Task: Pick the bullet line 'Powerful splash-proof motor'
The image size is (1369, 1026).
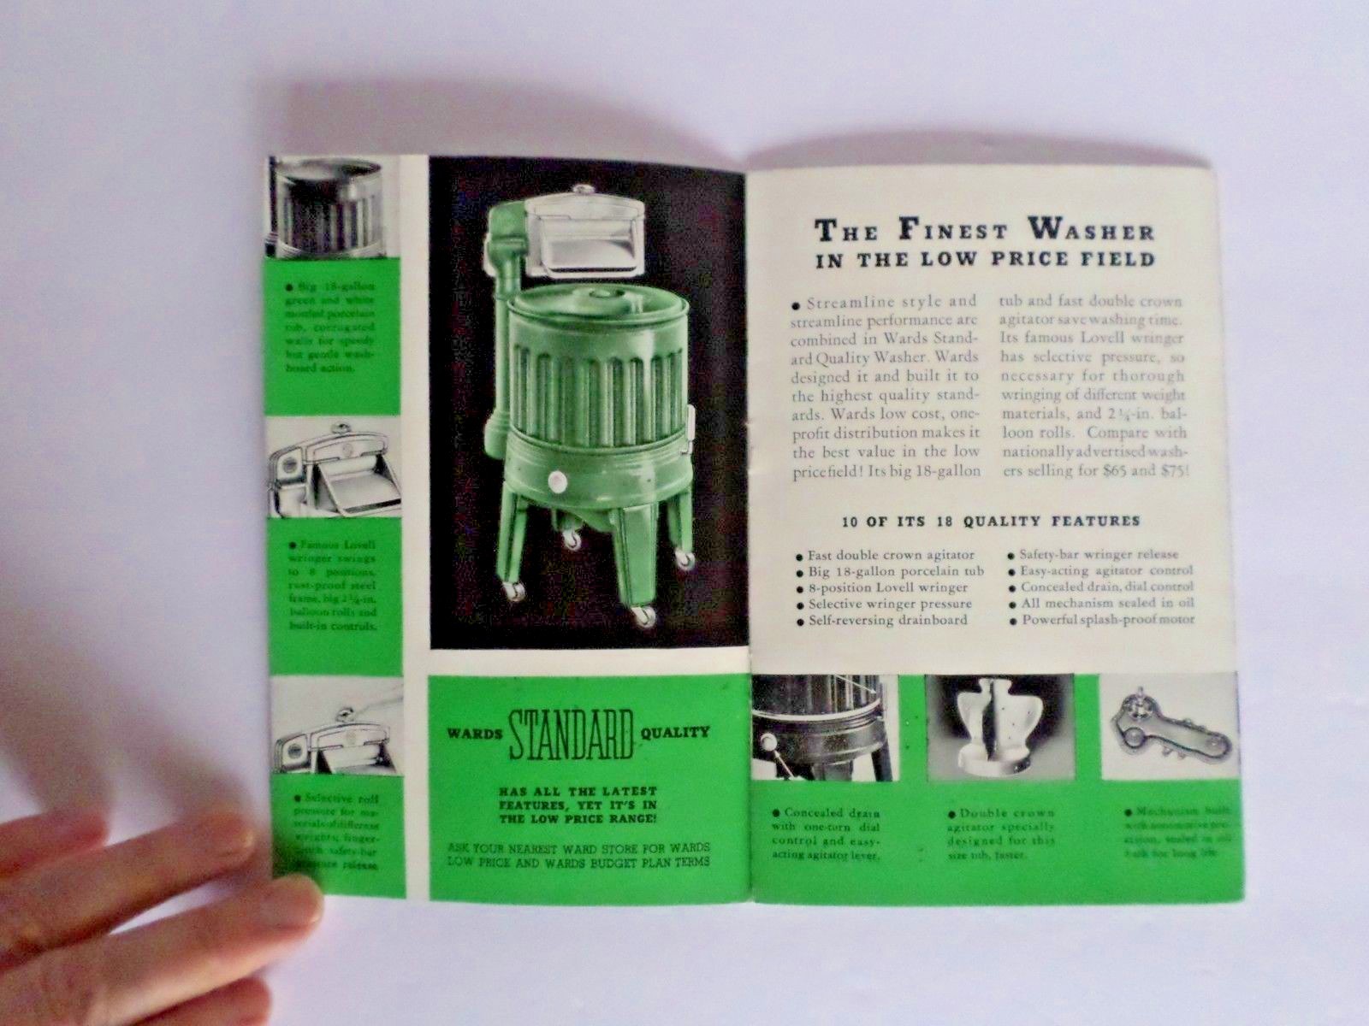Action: [x=1107, y=620]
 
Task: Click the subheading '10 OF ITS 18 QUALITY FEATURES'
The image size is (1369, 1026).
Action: [x=991, y=521]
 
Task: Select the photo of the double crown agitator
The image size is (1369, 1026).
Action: [x=999, y=728]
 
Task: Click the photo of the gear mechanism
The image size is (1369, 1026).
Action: [x=1169, y=728]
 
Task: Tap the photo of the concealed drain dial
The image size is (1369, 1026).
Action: [x=825, y=728]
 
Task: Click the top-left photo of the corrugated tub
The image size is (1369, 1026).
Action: [x=325, y=208]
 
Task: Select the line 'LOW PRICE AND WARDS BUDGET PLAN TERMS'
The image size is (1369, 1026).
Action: [x=578, y=862]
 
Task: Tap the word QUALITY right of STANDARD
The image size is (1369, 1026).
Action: [x=679, y=732]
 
